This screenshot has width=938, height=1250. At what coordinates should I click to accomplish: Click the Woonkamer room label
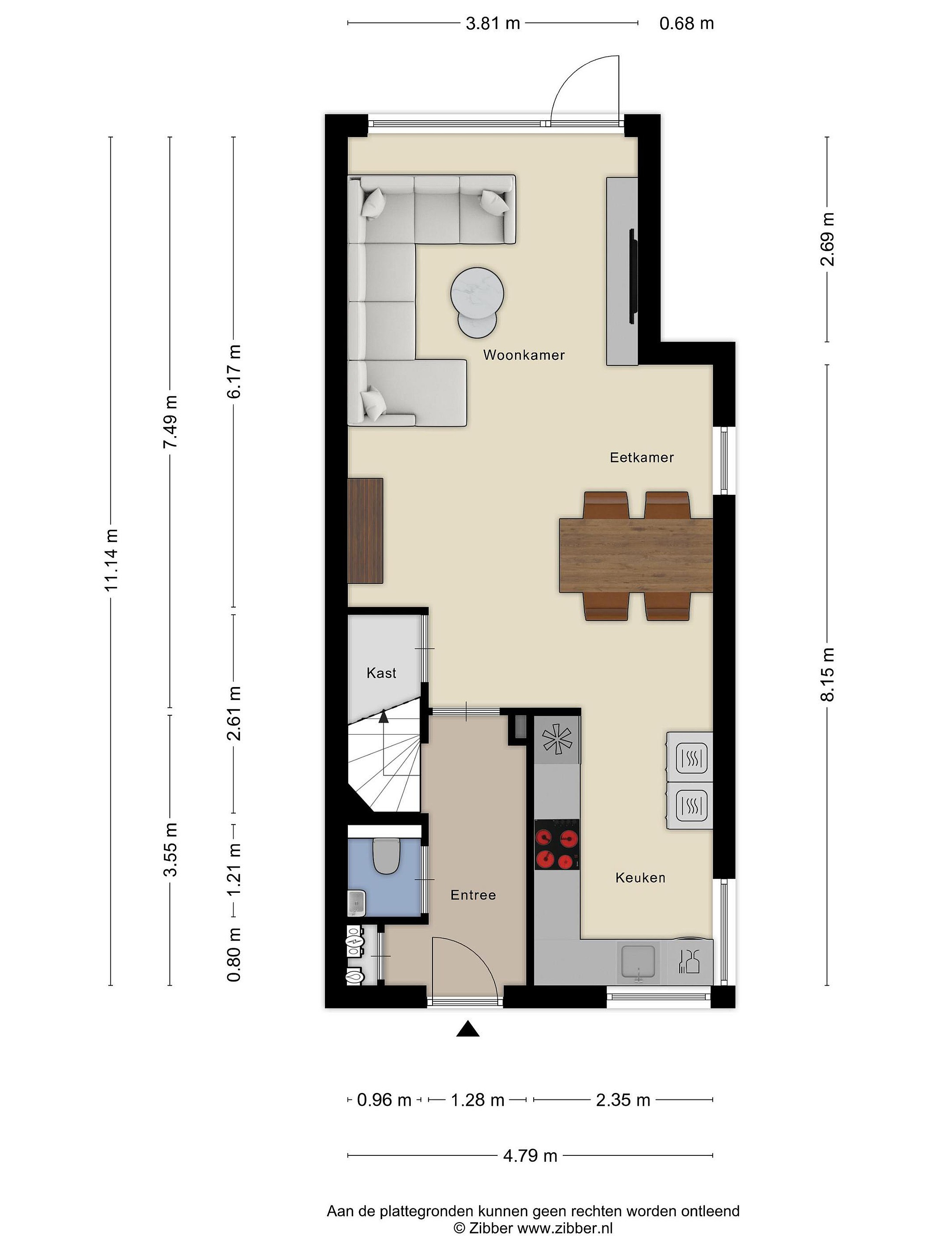(x=524, y=355)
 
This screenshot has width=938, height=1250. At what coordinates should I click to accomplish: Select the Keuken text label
(x=640, y=878)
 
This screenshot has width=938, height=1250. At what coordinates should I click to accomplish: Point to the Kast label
(x=381, y=673)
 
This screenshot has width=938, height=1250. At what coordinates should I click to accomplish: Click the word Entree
(x=473, y=895)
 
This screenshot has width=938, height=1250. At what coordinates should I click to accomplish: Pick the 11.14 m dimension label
(x=111, y=560)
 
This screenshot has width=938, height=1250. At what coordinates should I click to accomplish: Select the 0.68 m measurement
(x=687, y=23)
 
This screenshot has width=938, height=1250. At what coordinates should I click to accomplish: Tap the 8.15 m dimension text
(x=827, y=675)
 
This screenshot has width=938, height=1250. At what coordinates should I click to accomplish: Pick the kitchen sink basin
(x=638, y=961)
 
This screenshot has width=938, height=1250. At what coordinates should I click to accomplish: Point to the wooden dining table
(x=635, y=556)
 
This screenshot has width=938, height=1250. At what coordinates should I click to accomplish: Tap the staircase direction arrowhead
(x=384, y=717)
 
